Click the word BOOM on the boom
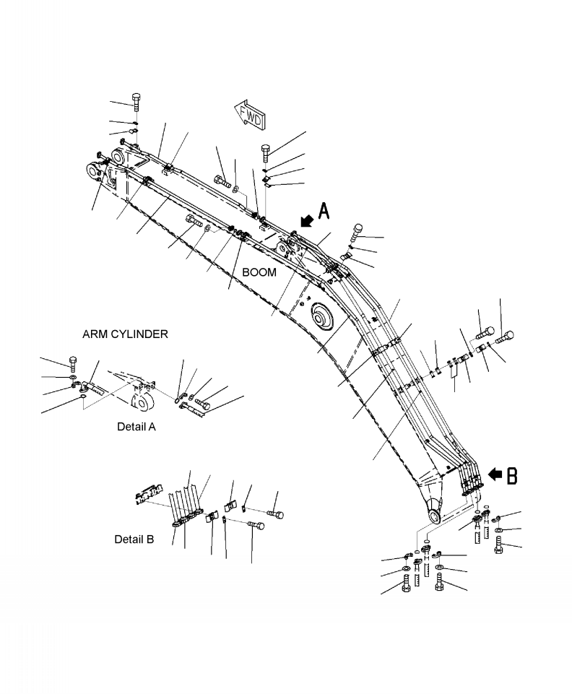pyautogui.click(x=259, y=272)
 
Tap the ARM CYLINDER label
pyautogui.click(x=125, y=334)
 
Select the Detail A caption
pyautogui.click(x=136, y=427)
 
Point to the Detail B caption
pyautogui.click(x=134, y=539)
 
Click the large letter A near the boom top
pyautogui.click(x=324, y=211)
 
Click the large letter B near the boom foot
pyautogui.click(x=511, y=475)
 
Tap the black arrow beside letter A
pyautogui.click(x=306, y=220)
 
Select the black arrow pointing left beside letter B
pyautogui.click(x=495, y=474)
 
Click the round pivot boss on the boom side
pyautogui.click(x=322, y=316)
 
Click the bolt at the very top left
pyautogui.click(x=136, y=101)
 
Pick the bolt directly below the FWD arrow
pyautogui.click(x=266, y=153)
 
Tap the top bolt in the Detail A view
pyautogui.click(x=74, y=363)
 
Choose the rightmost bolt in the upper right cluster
pyautogui.click(x=505, y=337)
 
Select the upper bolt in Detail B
pyautogui.click(x=275, y=514)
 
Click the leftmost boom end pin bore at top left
pyautogui.click(x=93, y=170)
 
